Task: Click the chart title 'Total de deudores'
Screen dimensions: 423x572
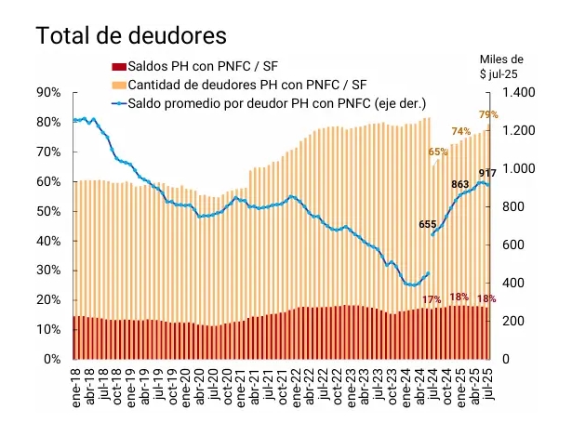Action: coord(132,36)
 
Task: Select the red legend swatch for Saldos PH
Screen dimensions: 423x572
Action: coord(116,66)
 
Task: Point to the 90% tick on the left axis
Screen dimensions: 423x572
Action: coord(47,93)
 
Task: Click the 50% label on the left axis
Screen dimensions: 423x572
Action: coord(47,211)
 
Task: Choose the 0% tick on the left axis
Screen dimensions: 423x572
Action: coord(51,359)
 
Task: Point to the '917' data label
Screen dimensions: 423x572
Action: coord(487,174)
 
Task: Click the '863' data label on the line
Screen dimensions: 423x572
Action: coord(459,185)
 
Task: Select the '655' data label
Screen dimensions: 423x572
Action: coord(429,224)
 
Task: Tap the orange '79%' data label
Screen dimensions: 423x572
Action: coord(488,114)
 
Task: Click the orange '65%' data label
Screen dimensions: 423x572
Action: coord(438,152)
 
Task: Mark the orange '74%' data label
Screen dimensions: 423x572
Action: coord(461,131)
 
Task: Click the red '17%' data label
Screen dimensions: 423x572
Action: coord(432,299)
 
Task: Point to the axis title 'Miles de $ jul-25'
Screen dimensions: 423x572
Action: coord(512,66)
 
